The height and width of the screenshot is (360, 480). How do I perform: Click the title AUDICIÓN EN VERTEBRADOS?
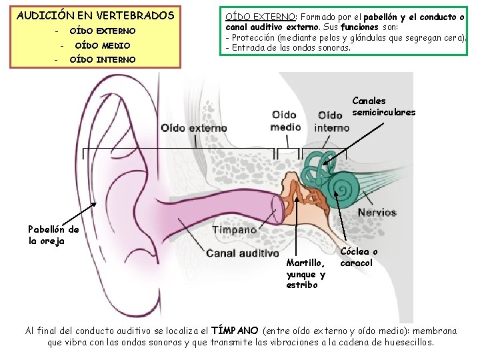[95, 15]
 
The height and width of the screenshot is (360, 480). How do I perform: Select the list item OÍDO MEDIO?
[102, 45]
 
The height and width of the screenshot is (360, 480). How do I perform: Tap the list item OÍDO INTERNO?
[102, 59]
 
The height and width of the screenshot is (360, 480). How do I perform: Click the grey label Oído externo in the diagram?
[193, 127]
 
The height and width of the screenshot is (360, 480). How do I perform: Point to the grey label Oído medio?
[285, 121]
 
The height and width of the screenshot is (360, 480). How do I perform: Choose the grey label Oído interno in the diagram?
[331, 122]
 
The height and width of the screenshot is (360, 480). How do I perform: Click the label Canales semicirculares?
[383, 107]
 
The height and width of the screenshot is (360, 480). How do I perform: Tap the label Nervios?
[377, 213]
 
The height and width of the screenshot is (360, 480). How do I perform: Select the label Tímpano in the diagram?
[234, 229]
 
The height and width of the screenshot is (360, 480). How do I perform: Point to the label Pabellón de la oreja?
[53, 235]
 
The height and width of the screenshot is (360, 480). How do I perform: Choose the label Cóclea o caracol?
[359, 257]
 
